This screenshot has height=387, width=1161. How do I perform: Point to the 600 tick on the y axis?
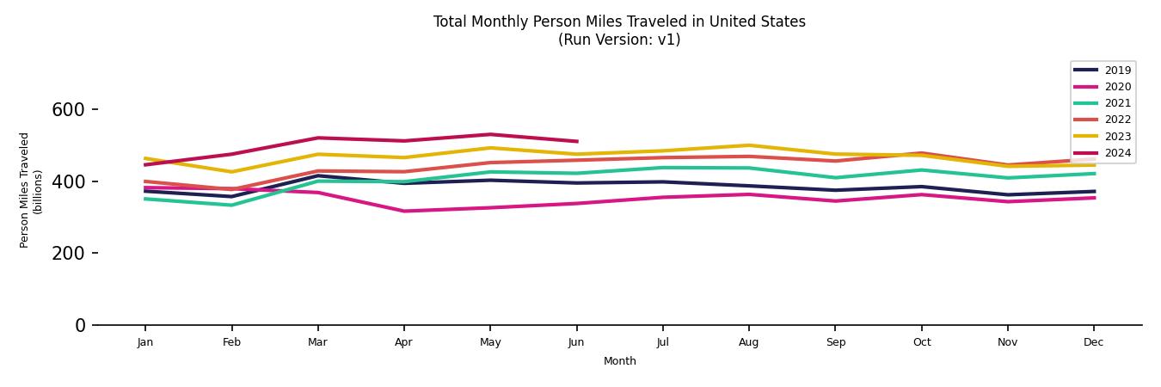coord(68,110)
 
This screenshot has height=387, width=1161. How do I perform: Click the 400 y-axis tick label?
coord(68,181)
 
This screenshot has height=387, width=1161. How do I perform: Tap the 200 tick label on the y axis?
coord(68,254)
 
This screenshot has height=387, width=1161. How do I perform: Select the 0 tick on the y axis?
coord(80,325)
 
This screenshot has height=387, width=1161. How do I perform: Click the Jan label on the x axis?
coord(145,342)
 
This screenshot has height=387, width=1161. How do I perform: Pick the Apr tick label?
coord(403,342)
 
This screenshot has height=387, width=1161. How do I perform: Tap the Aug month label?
coord(749,342)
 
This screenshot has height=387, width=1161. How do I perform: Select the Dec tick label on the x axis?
coord(1093,342)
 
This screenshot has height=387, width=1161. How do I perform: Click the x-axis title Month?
coord(619,361)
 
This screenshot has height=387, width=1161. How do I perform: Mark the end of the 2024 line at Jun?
coord(576,141)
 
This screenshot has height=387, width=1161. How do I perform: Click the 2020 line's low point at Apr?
coord(403,211)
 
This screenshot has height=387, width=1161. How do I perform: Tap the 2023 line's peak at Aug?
coord(749,145)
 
